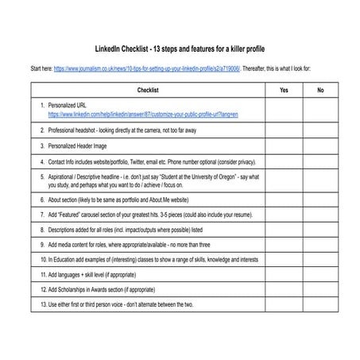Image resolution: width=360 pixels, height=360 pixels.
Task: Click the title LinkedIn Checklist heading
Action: pyautogui.click(x=180, y=48)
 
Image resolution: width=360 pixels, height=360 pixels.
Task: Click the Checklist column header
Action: pyautogui.click(x=148, y=91)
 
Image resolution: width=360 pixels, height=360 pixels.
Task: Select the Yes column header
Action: pyautogui.click(x=285, y=91)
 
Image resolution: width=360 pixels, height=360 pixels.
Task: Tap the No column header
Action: pyautogui.click(x=320, y=91)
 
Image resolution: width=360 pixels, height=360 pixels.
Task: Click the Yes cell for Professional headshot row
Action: pyautogui.click(x=285, y=130)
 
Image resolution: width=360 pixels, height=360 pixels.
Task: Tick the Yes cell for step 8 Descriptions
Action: pyautogui.click(x=285, y=230)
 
